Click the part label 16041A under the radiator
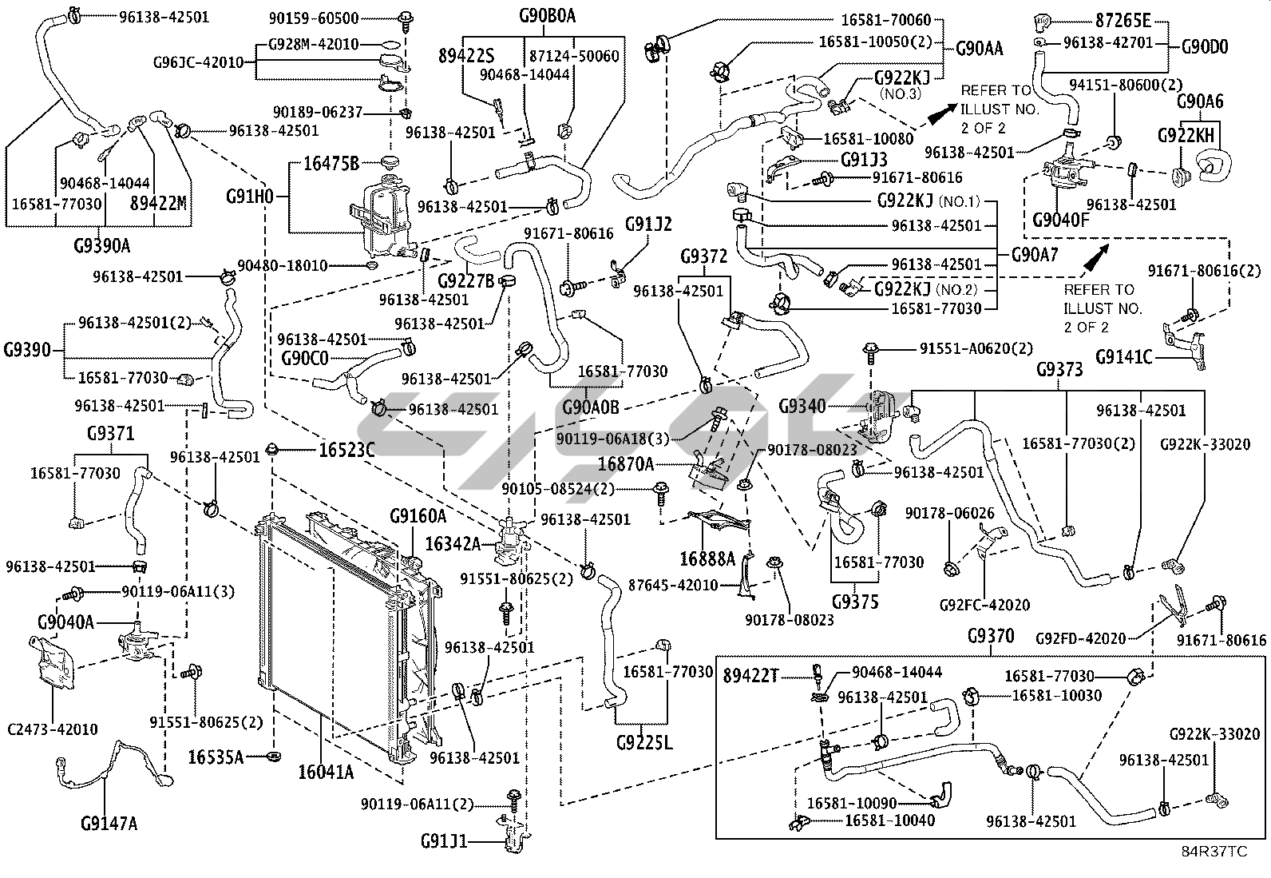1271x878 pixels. [326, 772]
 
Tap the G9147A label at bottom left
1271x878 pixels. [109, 822]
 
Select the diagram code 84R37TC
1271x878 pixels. [1215, 852]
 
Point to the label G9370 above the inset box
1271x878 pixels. [991, 637]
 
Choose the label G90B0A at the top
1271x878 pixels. [548, 15]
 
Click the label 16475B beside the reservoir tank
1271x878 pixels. [333, 165]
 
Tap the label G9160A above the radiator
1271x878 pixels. [418, 516]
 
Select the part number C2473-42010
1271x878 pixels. [52, 729]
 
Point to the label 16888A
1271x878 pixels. [707, 558]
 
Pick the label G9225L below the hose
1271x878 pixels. [645, 743]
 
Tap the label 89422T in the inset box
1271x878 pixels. [750, 677]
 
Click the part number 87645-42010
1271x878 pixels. [673, 586]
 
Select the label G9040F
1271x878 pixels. [1060, 220]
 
